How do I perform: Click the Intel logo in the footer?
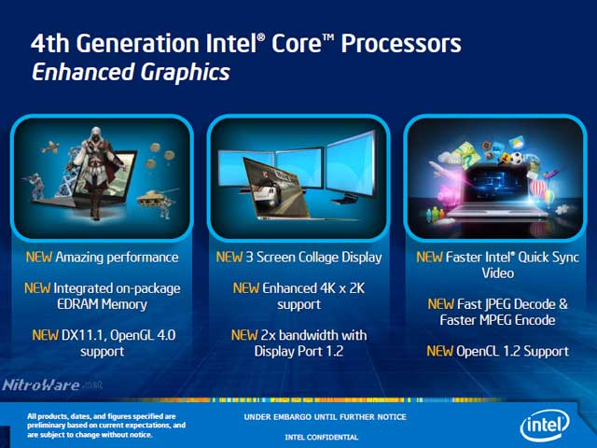(x=545, y=424)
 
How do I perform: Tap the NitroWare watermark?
(x=52, y=385)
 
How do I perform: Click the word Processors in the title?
(x=401, y=43)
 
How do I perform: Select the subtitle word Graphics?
(x=186, y=73)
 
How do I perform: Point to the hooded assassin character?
(x=97, y=173)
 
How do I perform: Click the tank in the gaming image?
(x=156, y=198)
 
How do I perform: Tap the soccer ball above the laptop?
(x=516, y=158)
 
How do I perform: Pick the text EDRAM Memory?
(x=102, y=304)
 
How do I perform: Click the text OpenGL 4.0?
(x=143, y=335)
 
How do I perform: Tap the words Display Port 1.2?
(x=298, y=351)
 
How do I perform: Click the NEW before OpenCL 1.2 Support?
(x=439, y=351)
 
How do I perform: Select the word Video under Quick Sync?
(x=497, y=273)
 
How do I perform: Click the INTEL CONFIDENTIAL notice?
(x=322, y=437)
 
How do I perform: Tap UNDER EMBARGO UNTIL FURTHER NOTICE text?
(x=326, y=417)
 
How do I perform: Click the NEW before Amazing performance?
(x=39, y=258)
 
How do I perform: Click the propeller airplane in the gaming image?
(x=49, y=147)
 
